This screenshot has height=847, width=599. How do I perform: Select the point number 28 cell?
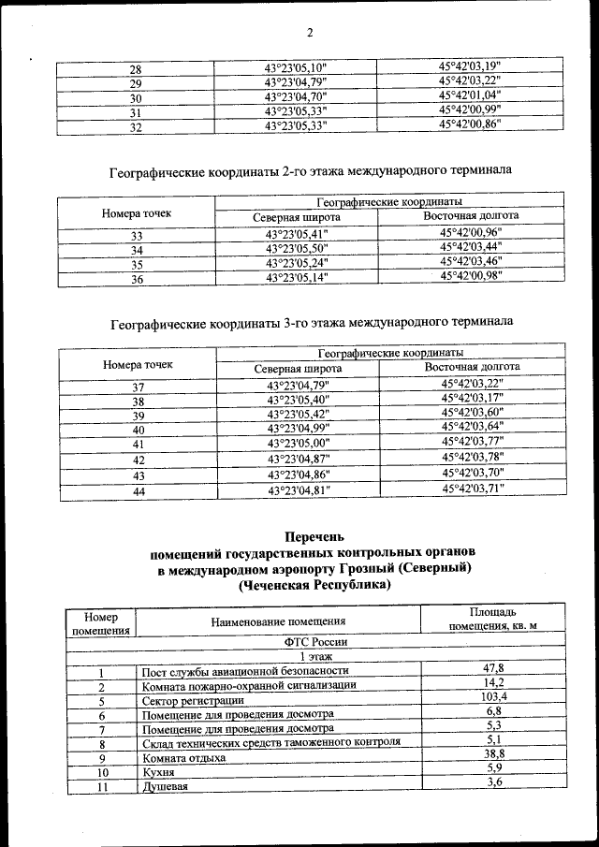(135, 68)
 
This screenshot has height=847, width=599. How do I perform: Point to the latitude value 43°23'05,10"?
(296, 67)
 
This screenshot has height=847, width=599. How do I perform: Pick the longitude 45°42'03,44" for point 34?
(471, 248)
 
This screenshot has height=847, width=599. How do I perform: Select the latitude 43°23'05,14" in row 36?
(297, 278)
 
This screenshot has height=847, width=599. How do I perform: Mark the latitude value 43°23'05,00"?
(298, 443)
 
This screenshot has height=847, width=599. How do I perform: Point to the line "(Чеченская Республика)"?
(314, 585)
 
